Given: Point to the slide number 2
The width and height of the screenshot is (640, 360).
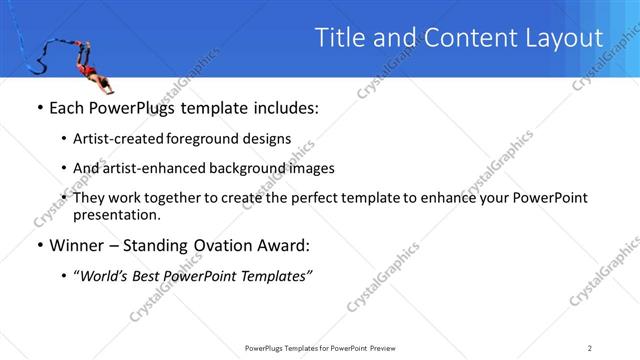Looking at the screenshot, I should click(x=589, y=347).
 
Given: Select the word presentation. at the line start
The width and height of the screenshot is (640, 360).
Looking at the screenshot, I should click(x=116, y=214).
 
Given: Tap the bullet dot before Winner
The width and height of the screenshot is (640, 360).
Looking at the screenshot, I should click(x=39, y=245).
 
